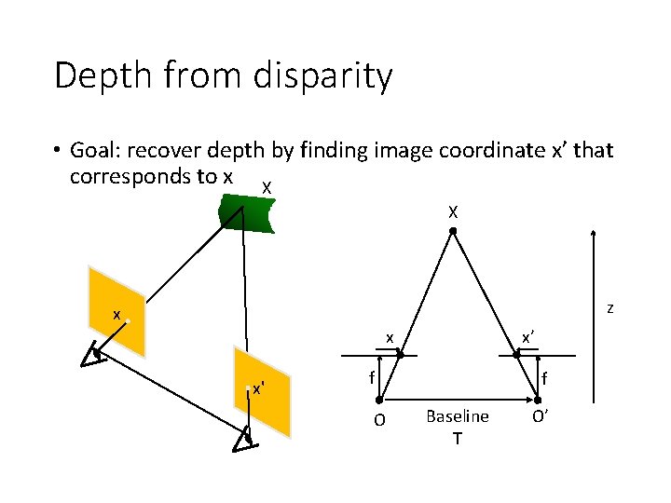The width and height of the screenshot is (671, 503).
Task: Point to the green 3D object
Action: [246, 216]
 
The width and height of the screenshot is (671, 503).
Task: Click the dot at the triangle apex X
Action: [452, 231]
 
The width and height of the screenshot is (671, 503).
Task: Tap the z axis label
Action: [609, 308]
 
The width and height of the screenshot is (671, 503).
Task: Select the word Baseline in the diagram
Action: [457, 416]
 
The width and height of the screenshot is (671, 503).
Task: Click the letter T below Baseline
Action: [457, 438]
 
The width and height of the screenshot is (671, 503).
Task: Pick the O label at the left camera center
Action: [379, 420]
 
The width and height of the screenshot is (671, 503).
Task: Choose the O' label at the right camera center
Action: [540, 415]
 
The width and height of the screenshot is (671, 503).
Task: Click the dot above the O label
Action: [380, 400]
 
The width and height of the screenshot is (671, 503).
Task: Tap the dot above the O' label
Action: [538, 400]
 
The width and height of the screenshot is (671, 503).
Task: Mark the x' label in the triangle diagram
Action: [527, 338]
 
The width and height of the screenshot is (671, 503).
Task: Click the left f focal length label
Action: [371, 378]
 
